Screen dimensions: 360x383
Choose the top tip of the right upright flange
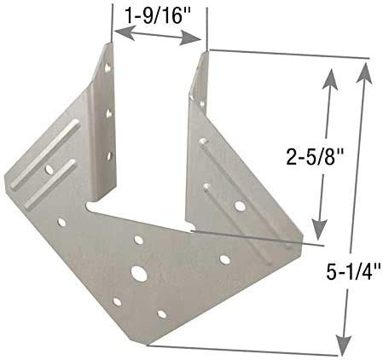click(x=205, y=51)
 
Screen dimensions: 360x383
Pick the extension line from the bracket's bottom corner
click(x=247, y=348)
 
